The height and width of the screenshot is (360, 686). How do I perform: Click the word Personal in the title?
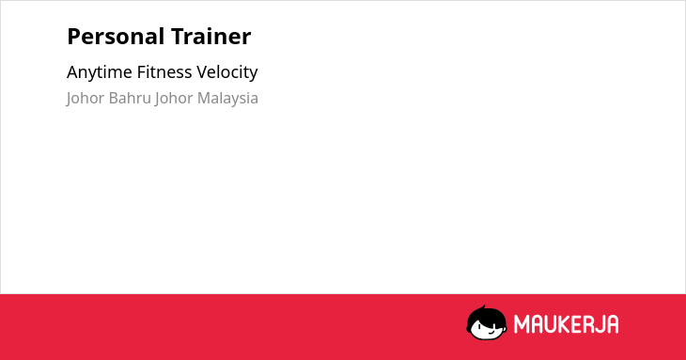pos(116,37)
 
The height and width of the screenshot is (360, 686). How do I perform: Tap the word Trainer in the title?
pos(210,37)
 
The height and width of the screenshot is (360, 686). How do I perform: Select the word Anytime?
pos(100,72)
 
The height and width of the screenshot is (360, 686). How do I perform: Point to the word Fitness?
pos(164,71)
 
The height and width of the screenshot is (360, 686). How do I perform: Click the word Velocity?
pos(227,72)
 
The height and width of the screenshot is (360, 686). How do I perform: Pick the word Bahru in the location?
pos(130,98)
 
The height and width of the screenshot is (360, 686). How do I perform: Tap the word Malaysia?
pos(227,99)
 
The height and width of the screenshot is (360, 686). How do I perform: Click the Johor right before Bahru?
pos(86,99)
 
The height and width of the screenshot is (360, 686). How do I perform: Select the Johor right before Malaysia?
pos(174,99)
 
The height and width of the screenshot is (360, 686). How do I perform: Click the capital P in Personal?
pos(73,37)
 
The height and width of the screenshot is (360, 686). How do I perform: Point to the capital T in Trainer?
pos(178,37)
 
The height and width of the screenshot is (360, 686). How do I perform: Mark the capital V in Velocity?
pos(202,72)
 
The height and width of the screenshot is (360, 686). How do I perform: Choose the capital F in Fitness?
pos(141,72)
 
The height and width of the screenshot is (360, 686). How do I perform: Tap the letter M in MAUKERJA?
pos(522,324)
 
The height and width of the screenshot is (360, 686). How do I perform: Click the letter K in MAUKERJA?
pos(564,324)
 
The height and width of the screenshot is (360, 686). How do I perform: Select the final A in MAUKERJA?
pos(612,324)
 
